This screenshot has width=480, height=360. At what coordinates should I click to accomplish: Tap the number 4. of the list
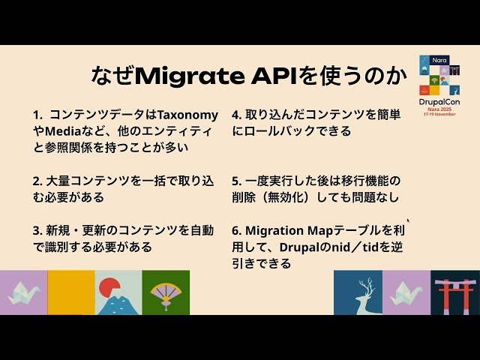[x=236, y=115]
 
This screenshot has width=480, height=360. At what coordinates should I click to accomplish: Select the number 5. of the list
[x=236, y=181]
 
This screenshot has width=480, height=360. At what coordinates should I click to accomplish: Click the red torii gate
[x=455, y=293]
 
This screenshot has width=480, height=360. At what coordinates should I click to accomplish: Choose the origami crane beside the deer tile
[x=407, y=293]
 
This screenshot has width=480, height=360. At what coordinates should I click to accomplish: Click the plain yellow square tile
[x=70, y=292]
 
